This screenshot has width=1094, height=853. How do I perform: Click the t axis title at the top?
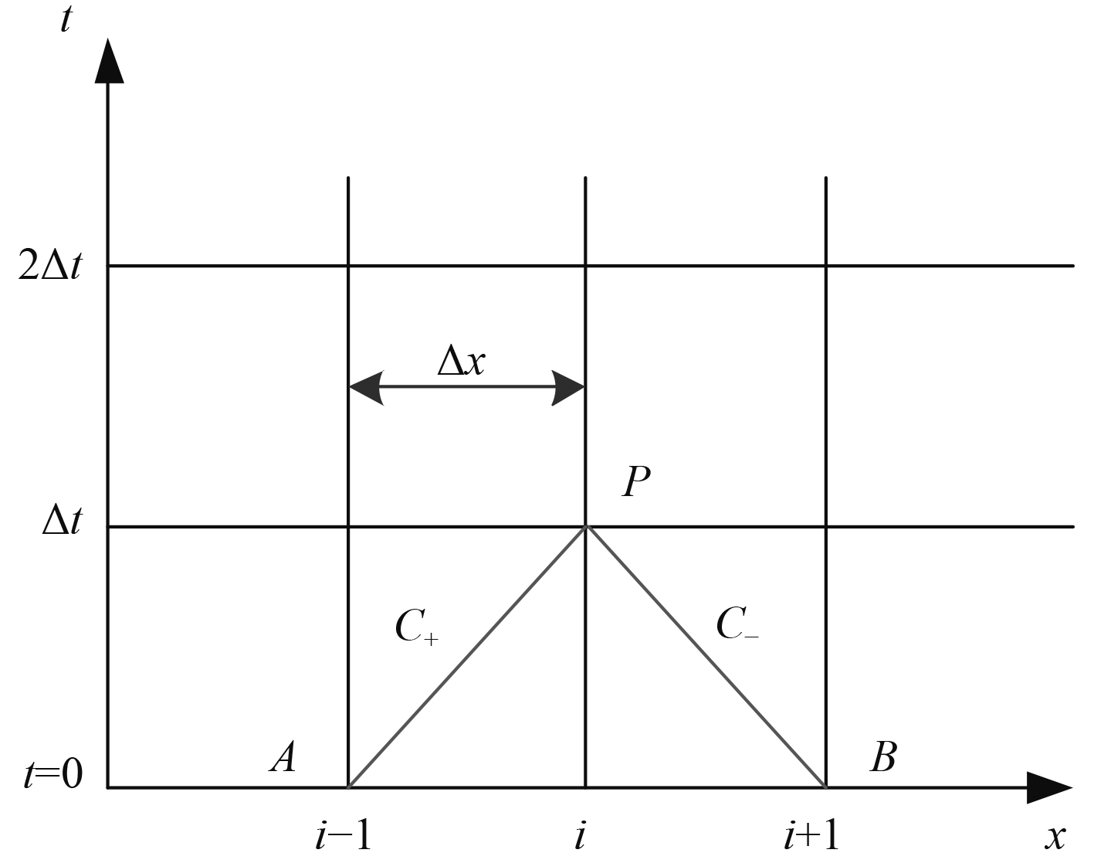coord(66,19)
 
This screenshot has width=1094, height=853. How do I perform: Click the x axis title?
coord(1055,835)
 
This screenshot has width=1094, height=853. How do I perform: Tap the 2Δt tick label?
coord(49,266)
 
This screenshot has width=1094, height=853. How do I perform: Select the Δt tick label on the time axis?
coord(61,525)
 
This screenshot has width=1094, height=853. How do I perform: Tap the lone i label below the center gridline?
coord(579,834)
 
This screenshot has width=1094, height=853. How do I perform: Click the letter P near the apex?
coord(636,482)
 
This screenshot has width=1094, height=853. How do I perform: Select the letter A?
coord(283,757)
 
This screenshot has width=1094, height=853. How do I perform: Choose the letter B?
coord(882,757)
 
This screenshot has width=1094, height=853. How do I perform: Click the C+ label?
coord(415,627)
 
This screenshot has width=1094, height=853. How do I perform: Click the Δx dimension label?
coord(461,360)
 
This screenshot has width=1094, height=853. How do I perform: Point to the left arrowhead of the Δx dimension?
coord(366,387)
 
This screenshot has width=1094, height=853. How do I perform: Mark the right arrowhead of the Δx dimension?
coord(568,387)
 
